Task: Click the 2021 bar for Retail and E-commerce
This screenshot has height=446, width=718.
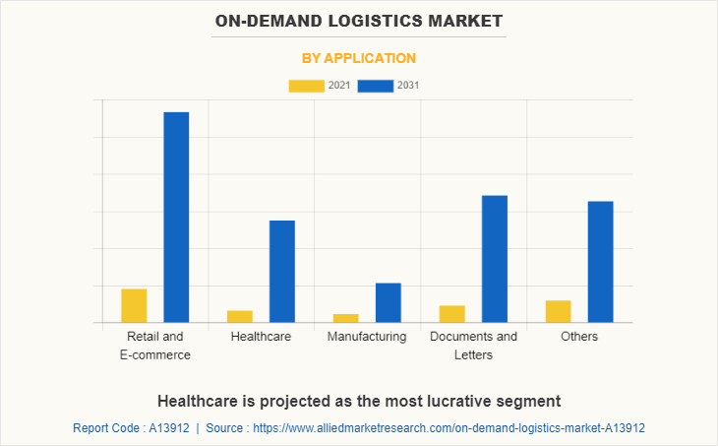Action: coord(134,305)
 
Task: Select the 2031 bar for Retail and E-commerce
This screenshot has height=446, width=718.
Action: coord(176,217)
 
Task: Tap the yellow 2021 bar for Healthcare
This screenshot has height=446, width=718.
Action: coord(240,316)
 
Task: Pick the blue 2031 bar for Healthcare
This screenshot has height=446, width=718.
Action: coord(282,271)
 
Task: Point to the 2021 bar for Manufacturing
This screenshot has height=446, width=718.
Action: coord(346,318)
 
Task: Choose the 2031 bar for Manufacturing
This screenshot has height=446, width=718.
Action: coord(389,302)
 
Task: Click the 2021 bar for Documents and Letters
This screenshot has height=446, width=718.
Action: coord(452,314)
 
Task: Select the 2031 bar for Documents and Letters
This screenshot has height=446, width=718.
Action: coord(495,258)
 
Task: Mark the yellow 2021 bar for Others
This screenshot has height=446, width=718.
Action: coord(559,311)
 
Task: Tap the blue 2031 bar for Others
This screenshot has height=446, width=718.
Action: coord(601,261)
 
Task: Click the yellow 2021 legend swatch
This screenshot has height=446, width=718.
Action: coord(306,86)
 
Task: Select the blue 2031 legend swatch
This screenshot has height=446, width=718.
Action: coord(375,86)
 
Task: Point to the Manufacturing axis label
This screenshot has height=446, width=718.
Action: coord(367,337)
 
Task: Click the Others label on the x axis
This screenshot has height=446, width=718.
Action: coord(579,337)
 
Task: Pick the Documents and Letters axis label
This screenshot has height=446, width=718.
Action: coord(473,346)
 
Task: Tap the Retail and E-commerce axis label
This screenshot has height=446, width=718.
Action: coord(154,346)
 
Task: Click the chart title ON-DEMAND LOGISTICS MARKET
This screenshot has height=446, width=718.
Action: coord(359,20)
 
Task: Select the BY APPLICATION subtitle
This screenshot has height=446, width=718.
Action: coord(359,58)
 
